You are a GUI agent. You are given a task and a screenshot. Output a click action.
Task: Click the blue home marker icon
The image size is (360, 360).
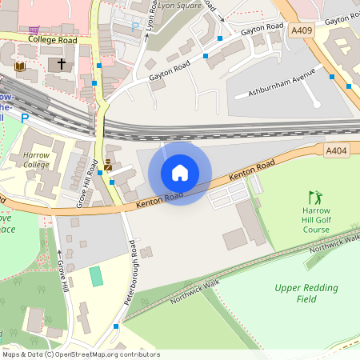pyautogui.click(x=180, y=173)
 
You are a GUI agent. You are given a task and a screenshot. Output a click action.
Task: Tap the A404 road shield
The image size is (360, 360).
pyautogui.click(x=337, y=150)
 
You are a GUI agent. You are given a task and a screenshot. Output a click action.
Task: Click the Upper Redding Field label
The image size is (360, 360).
pyautogui.click(x=306, y=294)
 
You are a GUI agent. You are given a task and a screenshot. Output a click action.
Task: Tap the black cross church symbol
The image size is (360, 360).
pyautogui.click(x=62, y=64)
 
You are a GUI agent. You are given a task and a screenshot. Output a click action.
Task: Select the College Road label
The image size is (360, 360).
pyautogui.click(x=52, y=38)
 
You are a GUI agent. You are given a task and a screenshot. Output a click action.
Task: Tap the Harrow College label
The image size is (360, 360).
pyautogui.click(x=36, y=159)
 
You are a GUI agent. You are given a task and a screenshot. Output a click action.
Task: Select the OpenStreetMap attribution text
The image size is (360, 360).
pyautogui.click(x=81, y=354)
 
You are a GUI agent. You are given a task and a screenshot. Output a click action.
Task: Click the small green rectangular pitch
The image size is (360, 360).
pyautogui.click(x=97, y=276)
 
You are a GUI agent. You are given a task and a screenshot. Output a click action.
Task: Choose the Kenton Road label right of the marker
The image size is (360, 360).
pyautogui.click(x=251, y=170)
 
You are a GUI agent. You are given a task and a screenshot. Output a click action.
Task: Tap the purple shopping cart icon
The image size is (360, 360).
pyautogui.click(x=34, y=165)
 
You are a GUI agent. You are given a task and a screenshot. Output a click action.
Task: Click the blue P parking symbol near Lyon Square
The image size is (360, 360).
pyautogui.click(x=135, y=26)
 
